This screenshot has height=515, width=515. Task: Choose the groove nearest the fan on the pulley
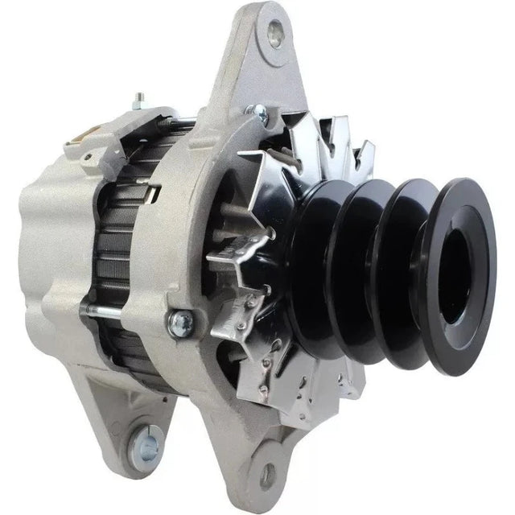[x=318, y=266]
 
